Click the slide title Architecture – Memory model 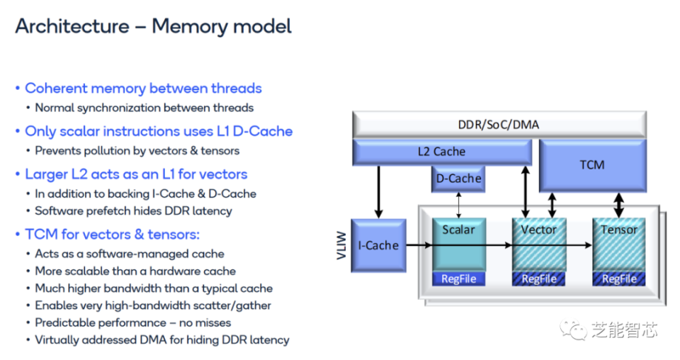[x=153, y=27]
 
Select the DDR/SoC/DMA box [x=498, y=125]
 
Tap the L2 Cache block [x=441, y=152]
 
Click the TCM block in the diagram [x=591, y=164]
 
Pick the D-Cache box [x=458, y=179]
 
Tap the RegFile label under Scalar [x=458, y=279]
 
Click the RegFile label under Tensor [x=619, y=279]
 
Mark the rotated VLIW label [x=341, y=245]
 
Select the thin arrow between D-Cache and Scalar [x=458, y=205]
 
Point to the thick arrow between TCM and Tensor [x=620, y=205]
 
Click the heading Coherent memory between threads [x=143, y=89]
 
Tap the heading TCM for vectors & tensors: [x=112, y=235]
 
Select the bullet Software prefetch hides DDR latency [x=133, y=210]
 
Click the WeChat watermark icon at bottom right [x=573, y=329]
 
